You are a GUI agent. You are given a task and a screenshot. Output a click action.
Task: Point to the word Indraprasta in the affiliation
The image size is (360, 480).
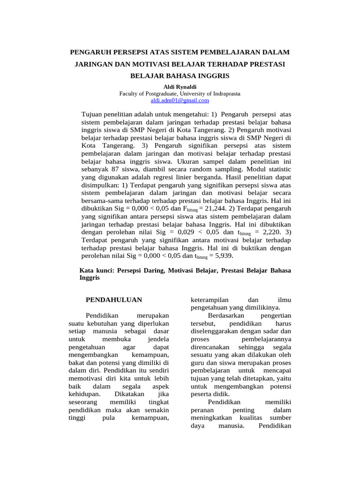pyautogui.click(x=225, y=93)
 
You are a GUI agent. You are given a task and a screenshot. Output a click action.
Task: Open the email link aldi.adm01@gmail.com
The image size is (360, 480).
pyautogui.click(x=180, y=100)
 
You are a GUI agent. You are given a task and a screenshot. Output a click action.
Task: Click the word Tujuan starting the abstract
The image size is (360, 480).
pyautogui.click(x=93, y=114)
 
